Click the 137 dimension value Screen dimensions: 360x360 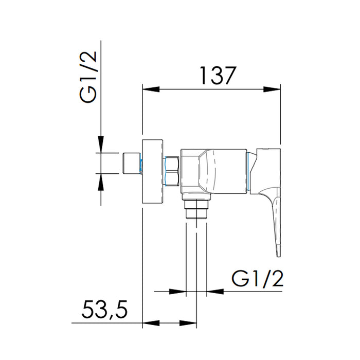pos(218,76)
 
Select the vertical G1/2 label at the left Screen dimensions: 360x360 pos(88,77)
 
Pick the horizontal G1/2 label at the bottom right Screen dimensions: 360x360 pos(257,278)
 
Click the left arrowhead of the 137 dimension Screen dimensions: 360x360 pos(151,89)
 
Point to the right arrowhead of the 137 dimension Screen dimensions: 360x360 pos(272,89)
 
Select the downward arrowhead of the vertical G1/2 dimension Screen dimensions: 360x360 pos(101,144)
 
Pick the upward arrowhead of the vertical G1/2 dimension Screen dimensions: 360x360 pos(101,182)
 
